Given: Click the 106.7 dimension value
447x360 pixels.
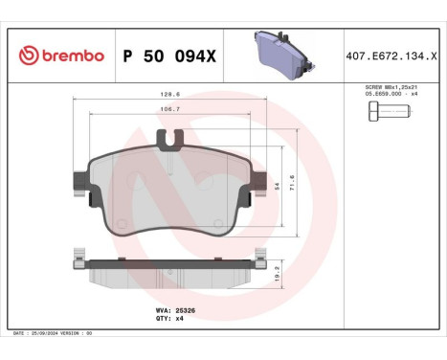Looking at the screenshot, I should coord(171,110).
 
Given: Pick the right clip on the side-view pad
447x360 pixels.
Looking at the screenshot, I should coord(258,257).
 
